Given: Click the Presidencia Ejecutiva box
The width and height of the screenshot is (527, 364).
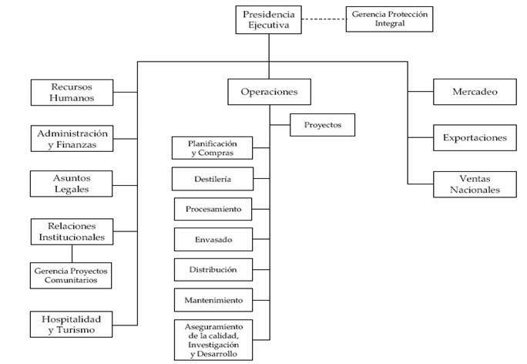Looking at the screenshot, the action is click(x=269, y=20).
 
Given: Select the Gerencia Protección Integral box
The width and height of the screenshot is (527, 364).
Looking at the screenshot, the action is click(x=390, y=19).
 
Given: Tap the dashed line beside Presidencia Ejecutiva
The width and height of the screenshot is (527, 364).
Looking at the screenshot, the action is click(x=324, y=19).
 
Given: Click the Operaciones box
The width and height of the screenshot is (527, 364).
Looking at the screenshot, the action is click(x=269, y=92).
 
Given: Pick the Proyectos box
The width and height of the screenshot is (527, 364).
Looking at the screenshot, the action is click(x=322, y=125).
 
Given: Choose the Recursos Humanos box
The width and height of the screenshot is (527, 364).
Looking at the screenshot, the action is click(x=72, y=93).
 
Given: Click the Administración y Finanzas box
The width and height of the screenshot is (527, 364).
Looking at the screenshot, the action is click(x=72, y=139).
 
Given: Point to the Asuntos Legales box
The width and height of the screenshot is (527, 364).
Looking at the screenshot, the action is click(x=71, y=184).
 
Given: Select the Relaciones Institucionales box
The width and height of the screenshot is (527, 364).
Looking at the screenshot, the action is click(x=72, y=232).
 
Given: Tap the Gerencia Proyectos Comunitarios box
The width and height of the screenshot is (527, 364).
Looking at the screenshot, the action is click(x=71, y=275).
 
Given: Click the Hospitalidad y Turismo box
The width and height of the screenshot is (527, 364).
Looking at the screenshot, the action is click(x=71, y=325).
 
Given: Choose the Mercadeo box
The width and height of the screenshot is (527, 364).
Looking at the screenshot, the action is click(x=475, y=92).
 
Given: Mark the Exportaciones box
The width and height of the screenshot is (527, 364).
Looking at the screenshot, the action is click(x=475, y=137).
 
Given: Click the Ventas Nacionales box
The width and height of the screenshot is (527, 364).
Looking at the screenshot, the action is click(x=475, y=184).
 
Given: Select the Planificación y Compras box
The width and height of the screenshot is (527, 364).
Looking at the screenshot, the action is click(x=212, y=148).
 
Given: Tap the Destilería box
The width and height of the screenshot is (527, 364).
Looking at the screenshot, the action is click(x=213, y=179).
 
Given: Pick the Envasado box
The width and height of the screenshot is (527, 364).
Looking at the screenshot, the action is click(x=213, y=240).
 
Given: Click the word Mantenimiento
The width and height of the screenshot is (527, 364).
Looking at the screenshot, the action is click(x=213, y=300).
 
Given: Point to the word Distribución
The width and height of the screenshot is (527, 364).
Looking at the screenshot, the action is click(x=213, y=270).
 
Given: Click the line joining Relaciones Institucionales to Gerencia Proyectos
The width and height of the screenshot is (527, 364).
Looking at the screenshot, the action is click(x=72, y=254).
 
